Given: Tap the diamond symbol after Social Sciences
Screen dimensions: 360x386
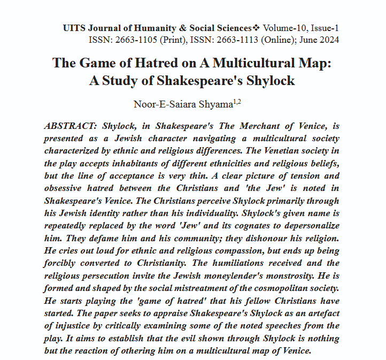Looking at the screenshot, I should click(256, 28).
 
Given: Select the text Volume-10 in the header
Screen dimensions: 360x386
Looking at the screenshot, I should click(281, 28).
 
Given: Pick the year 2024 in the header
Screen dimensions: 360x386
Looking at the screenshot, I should click(328, 40).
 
